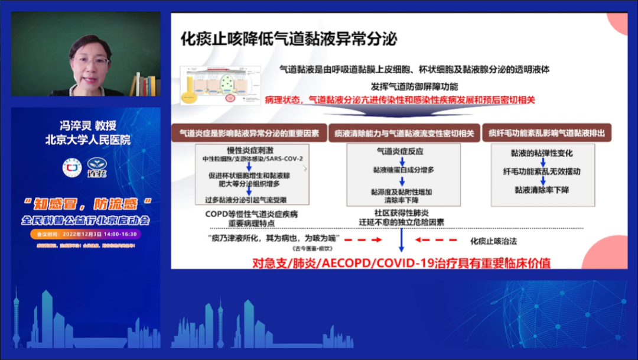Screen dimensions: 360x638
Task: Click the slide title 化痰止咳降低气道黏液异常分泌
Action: pos(289,40)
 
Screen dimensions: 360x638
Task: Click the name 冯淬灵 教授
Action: pos(88,126)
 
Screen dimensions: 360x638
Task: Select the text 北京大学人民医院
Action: pos(88,140)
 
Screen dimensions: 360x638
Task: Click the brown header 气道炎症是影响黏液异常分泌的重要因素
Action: pos(249,134)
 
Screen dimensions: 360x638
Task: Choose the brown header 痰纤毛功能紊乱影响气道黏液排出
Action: pos(546,134)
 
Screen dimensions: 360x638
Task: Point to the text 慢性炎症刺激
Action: pos(250,150)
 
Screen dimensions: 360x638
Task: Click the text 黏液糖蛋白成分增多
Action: pos(403,170)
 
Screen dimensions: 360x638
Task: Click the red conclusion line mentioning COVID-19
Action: pos(401,262)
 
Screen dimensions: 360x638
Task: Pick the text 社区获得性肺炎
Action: pos(401,213)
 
